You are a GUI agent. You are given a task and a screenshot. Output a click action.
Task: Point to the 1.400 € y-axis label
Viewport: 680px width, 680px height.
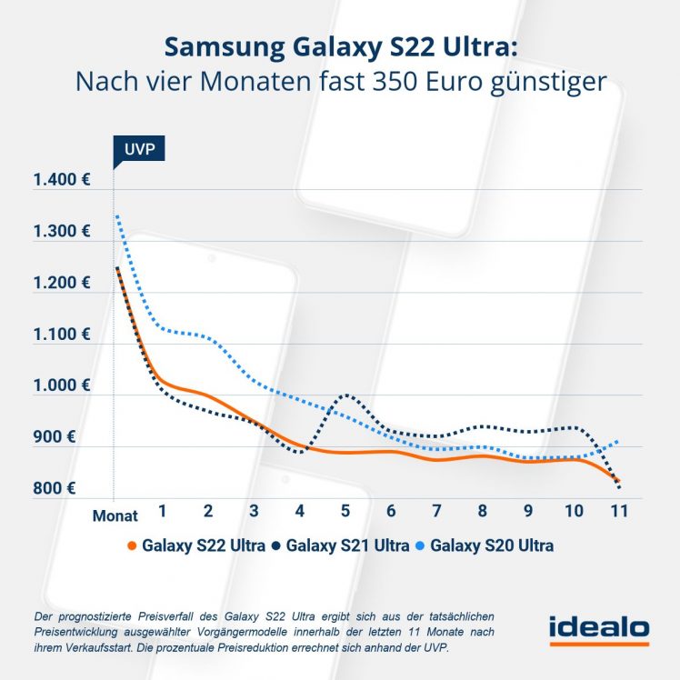(x=61, y=180)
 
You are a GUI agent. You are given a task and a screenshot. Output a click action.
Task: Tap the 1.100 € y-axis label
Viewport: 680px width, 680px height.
(x=61, y=335)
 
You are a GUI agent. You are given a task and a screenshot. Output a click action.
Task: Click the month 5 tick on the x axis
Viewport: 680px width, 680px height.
(x=345, y=511)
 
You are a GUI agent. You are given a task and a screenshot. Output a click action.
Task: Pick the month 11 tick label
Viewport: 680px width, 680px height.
(x=619, y=511)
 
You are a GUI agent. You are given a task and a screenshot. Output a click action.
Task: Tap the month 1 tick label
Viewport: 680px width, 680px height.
(x=162, y=511)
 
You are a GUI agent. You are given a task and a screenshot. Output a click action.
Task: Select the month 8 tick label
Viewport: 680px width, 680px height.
(x=483, y=511)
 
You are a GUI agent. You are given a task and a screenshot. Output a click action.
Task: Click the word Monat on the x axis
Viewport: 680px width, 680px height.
(x=115, y=515)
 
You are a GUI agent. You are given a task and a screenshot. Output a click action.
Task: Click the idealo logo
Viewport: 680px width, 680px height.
(x=598, y=628)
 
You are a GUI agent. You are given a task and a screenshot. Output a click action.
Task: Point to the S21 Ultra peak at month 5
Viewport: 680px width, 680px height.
(x=345, y=395)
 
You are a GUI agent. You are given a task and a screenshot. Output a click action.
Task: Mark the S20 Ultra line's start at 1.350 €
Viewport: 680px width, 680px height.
(x=116, y=216)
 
